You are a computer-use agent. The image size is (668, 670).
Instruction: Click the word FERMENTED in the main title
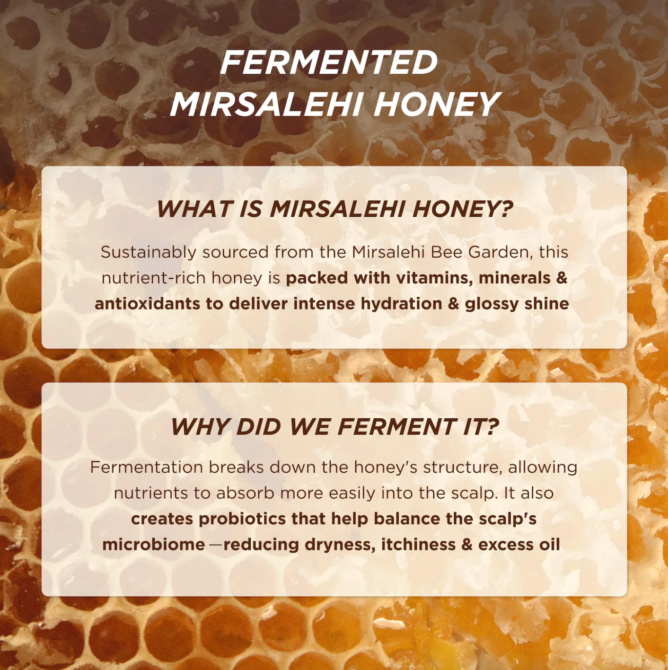[x=329, y=62]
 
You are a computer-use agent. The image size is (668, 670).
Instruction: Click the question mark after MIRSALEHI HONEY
[x=506, y=209]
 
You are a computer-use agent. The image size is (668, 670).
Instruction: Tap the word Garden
[x=501, y=253]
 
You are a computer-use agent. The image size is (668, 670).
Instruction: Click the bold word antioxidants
[x=147, y=304]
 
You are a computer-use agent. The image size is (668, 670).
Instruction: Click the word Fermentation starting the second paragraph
[x=146, y=467]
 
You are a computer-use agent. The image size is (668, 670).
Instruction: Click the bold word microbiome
[x=153, y=545]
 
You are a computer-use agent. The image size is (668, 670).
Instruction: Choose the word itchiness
[x=418, y=545]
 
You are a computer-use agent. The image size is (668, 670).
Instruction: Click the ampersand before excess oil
[x=467, y=545]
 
